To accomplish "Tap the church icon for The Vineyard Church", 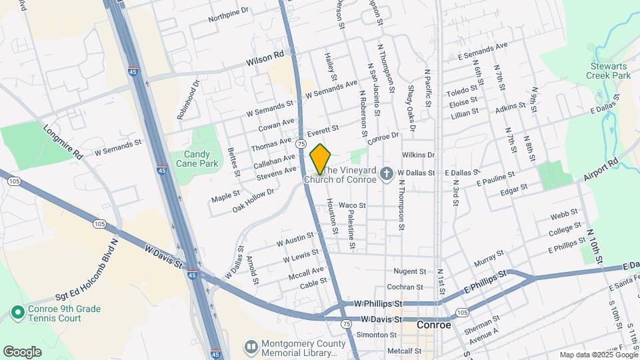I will (x=385, y=173).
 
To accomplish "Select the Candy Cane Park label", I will (x=202, y=159).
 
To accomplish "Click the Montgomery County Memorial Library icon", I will (x=251, y=347).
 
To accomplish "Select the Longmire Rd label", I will (x=63, y=142).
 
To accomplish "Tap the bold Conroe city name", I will (x=433, y=325).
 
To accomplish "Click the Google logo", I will (x=22, y=351).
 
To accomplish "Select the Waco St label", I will (x=352, y=205).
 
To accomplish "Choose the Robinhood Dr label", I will (x=188, y=100).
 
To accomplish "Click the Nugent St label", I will (x=409, y=271).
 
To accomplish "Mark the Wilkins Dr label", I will (x=418, y=155).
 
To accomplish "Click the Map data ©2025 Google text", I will (x=597, y=355).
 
